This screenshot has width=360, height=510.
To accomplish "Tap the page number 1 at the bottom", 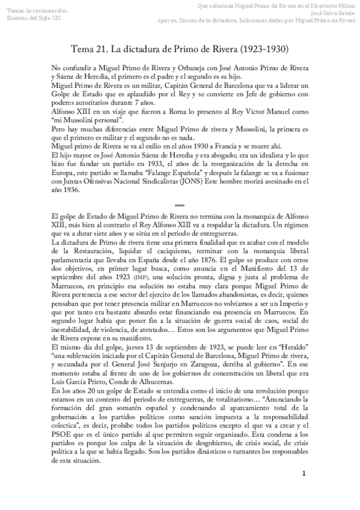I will tap(304, 490).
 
